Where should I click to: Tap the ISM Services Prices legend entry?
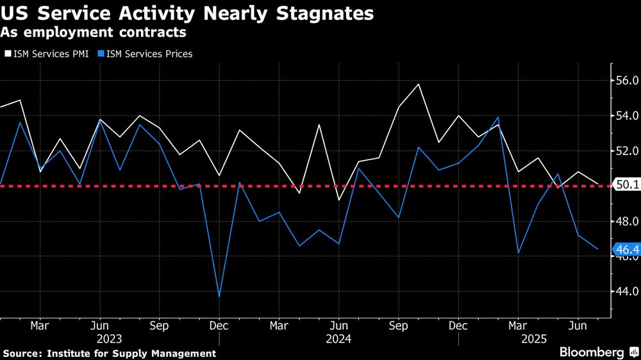point(145,54)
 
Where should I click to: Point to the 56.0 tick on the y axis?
point(626,81)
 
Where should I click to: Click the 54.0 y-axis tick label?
point(626,116)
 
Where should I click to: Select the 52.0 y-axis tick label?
point(626,151)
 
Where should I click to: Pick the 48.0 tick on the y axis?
point(626,222)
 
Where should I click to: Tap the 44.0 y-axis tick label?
point(626,291)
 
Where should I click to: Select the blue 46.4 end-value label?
point(626,249)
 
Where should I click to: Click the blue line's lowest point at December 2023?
point(219,297)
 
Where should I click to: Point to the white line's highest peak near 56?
point(419,84)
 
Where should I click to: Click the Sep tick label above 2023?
point(159,325)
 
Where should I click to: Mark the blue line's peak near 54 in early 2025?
point(498,117)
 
